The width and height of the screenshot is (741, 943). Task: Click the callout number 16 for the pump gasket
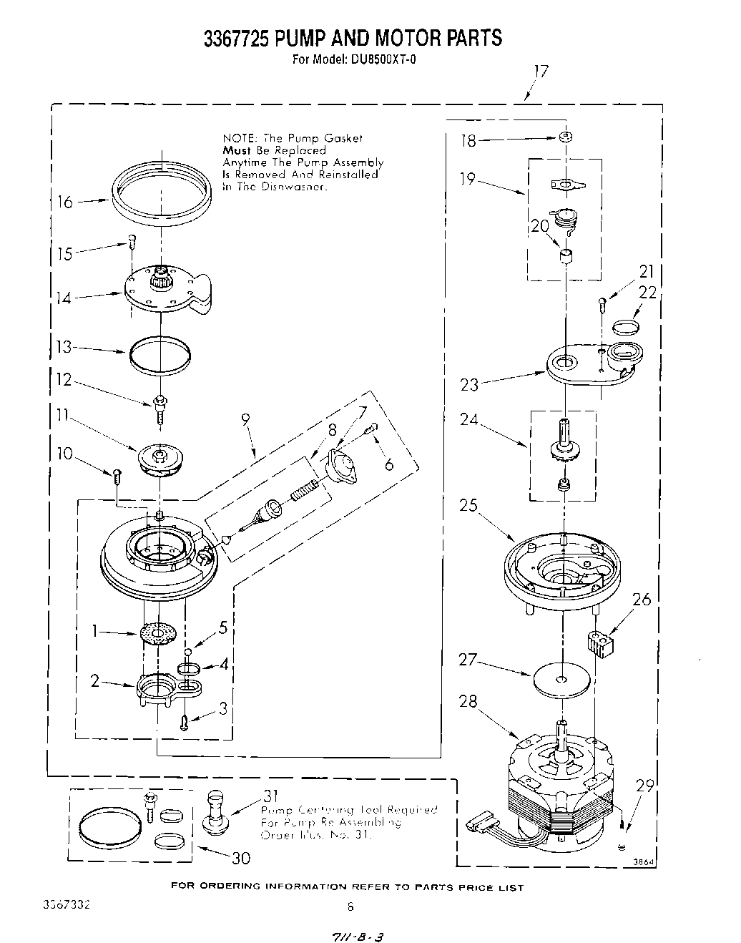pos(65,202)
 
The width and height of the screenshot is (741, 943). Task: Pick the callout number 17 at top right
pos(541,72)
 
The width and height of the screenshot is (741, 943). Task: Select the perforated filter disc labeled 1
pos(158,634)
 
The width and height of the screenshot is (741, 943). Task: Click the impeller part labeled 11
pos(160,459)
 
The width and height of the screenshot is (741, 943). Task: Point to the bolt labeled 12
pos(159,409)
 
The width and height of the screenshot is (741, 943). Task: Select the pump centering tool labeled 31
pos(215,809)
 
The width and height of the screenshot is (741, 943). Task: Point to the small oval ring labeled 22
pos(625,327)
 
